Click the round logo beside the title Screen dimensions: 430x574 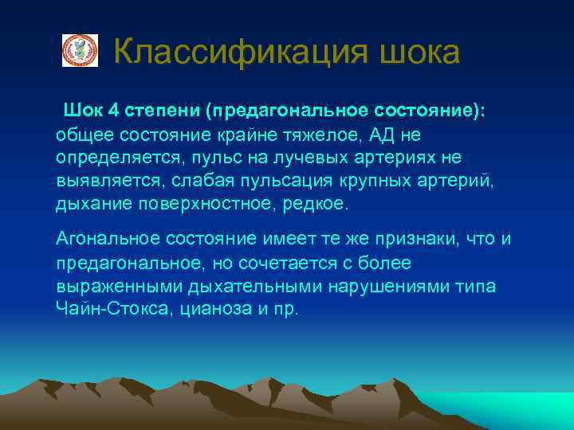point(80,50)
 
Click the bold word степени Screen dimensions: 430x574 point(156,110)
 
